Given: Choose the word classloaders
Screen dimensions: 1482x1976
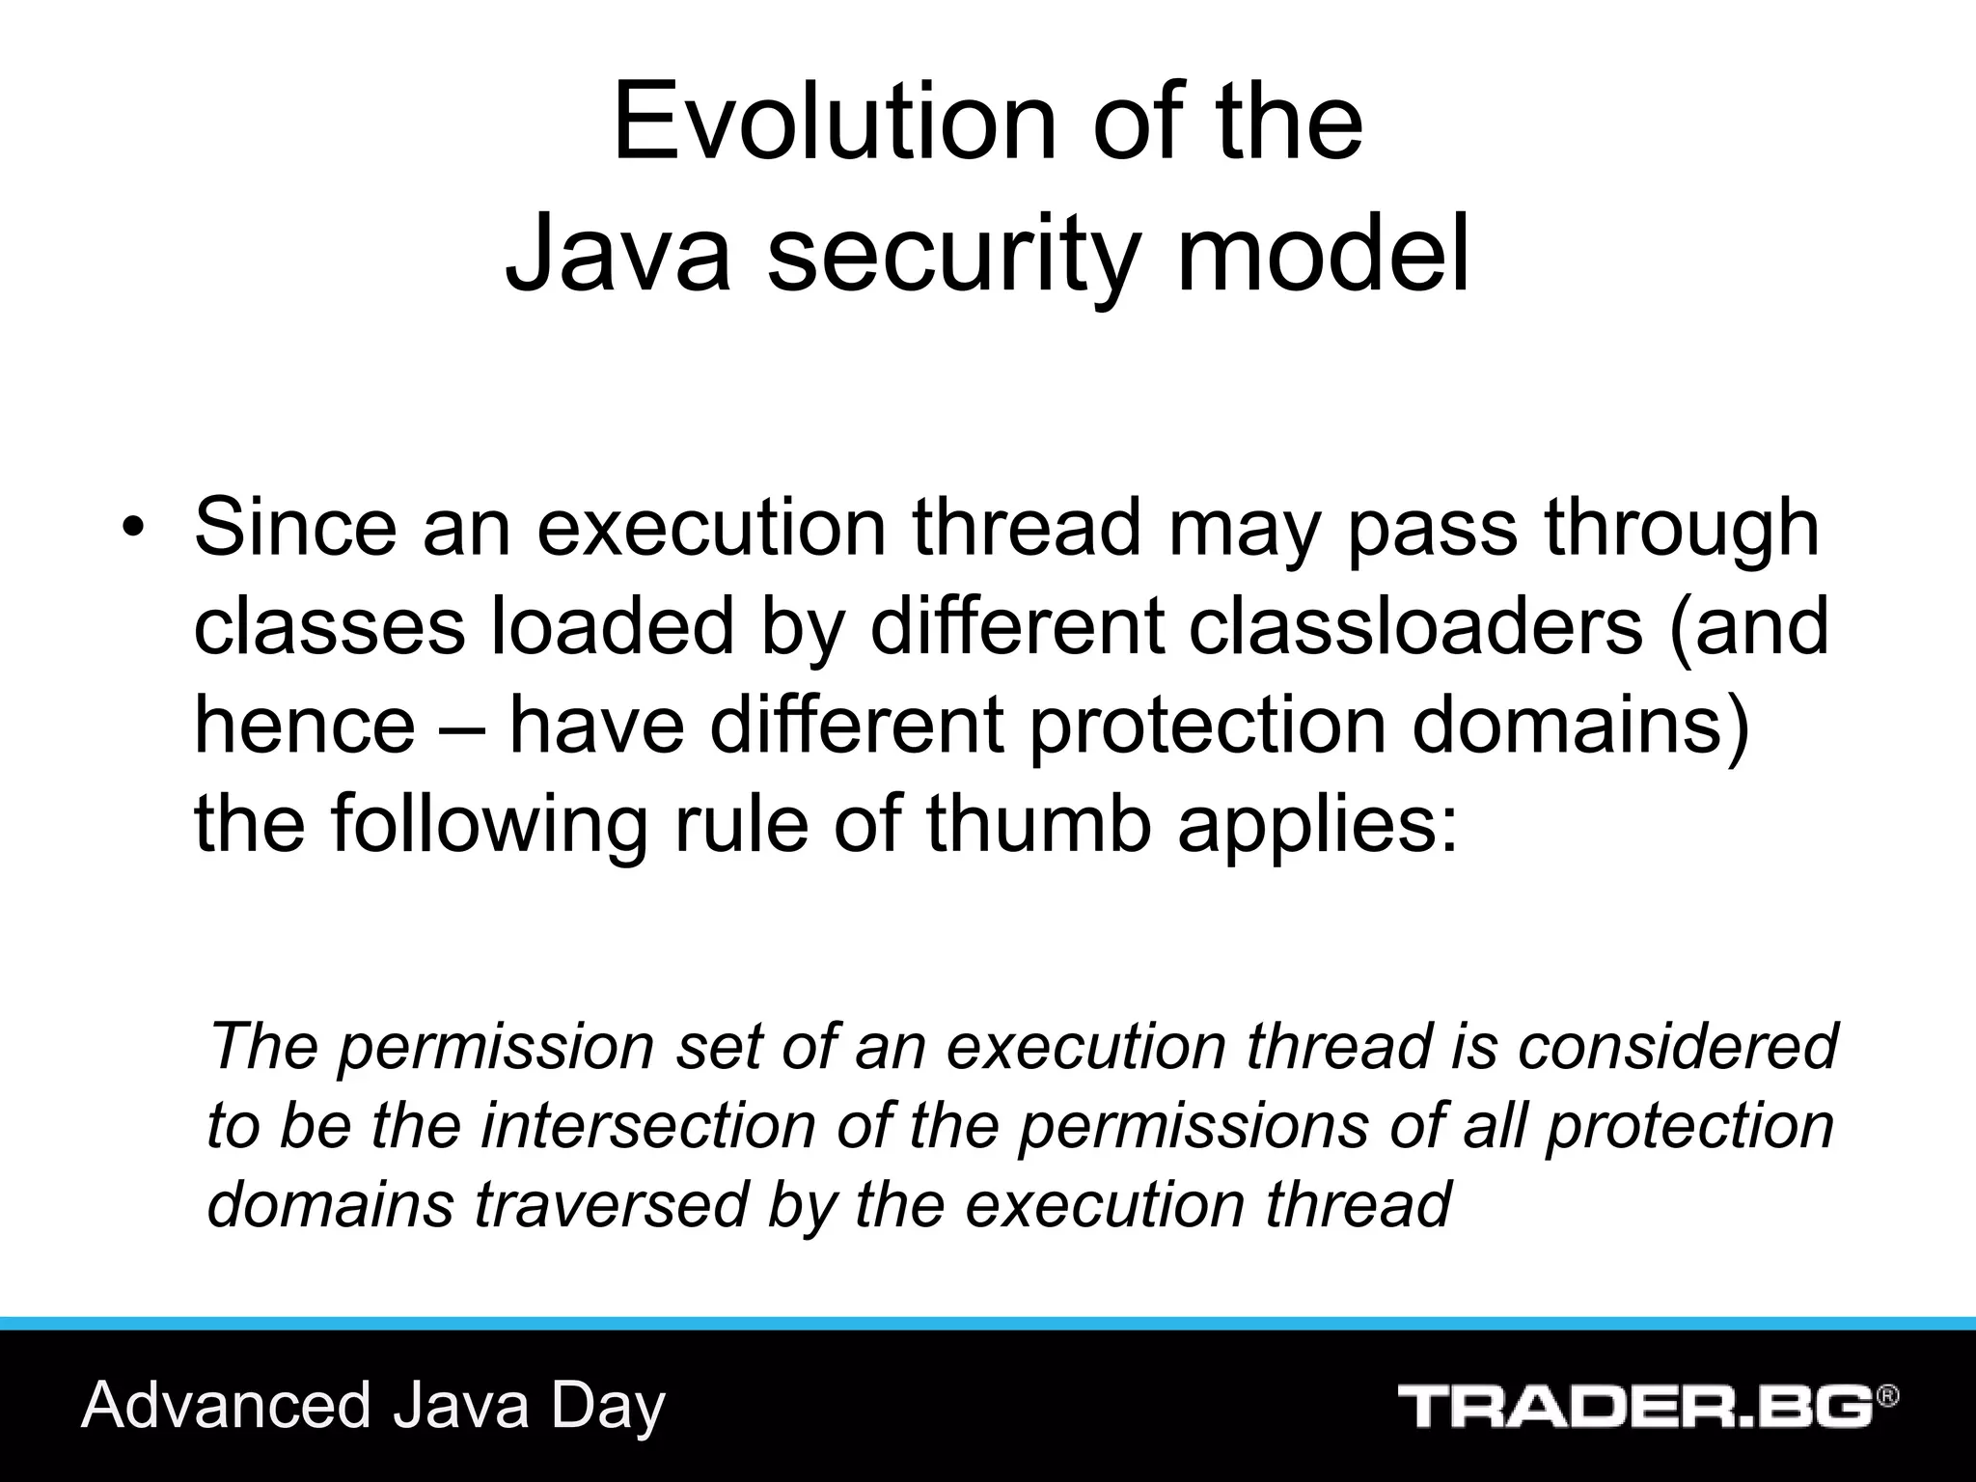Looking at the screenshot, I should pyautogui.click(x=1414, y=626).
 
